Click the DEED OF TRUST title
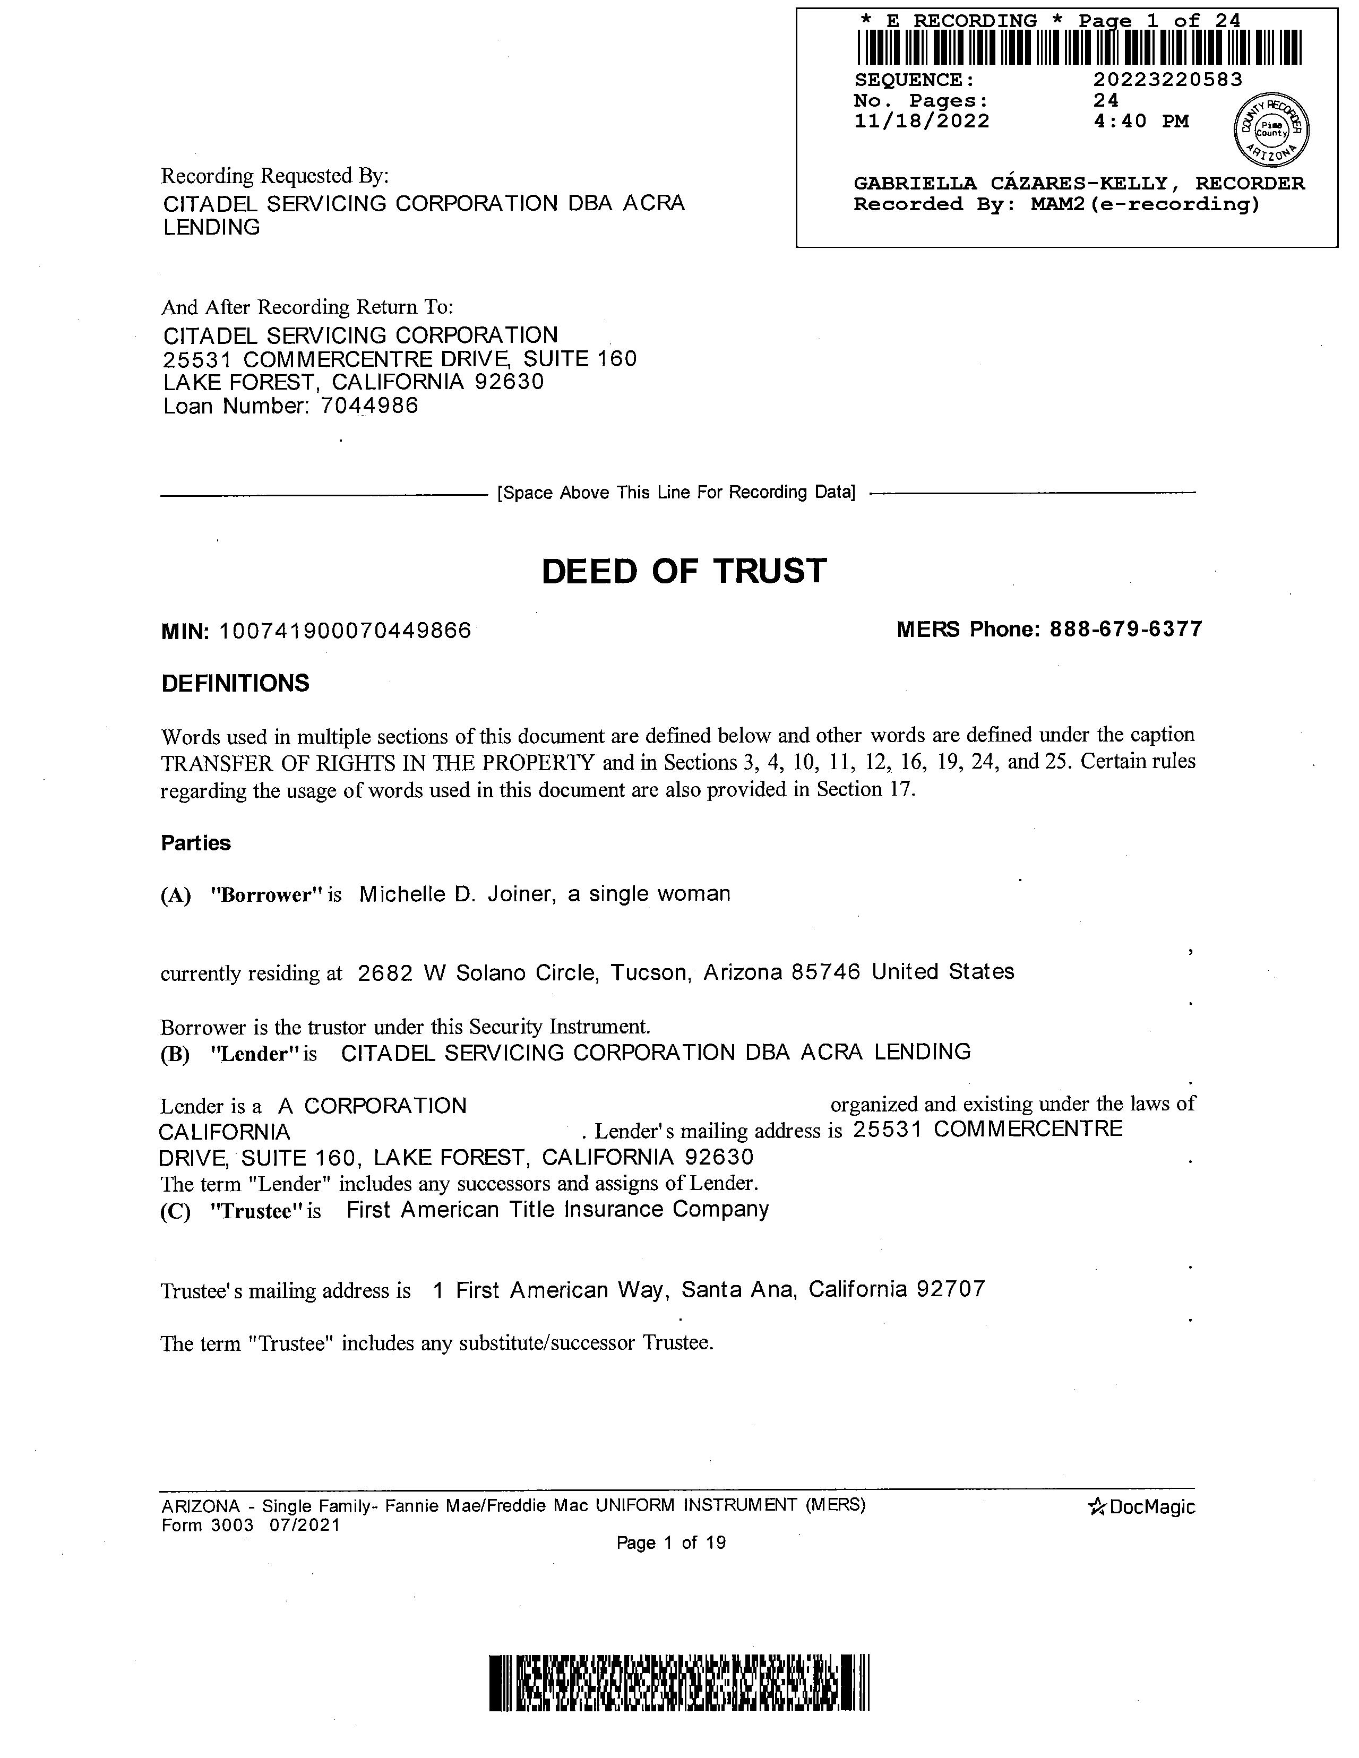(x=684, y=572)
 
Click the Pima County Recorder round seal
(x=1271, y=129)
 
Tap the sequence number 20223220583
(x=1167, y=80)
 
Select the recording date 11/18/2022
(x=921, y=122)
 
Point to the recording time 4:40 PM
(x=1141, y=122)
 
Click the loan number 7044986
(x=369, y=406)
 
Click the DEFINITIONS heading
(x=235, y=683)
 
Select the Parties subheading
(x=196, y=843)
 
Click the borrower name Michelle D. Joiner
(x=457, y=894)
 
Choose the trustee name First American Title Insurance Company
(x=557, y=1210)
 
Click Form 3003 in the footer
(x=207, y=1526)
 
